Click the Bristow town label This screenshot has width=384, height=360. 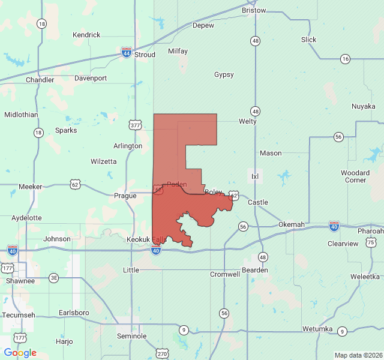254,11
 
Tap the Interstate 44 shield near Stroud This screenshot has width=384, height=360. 127,52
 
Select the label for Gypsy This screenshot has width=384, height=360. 224,75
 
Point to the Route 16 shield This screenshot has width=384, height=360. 344,59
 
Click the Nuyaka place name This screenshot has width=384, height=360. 363,107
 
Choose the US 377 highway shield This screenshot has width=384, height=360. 135,125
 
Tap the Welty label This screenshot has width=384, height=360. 247,121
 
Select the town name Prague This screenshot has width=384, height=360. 126,196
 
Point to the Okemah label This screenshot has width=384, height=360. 291,224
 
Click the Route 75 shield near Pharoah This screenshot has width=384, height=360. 371,242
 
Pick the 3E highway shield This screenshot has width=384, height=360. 54,277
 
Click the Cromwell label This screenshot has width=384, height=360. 225,274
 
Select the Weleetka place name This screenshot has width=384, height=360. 365,277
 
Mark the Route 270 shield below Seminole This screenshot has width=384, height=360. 162,354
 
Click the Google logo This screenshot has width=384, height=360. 20,353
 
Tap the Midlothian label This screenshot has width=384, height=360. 21,115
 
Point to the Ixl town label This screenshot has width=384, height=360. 255,176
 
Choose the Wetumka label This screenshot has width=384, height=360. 317,329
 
